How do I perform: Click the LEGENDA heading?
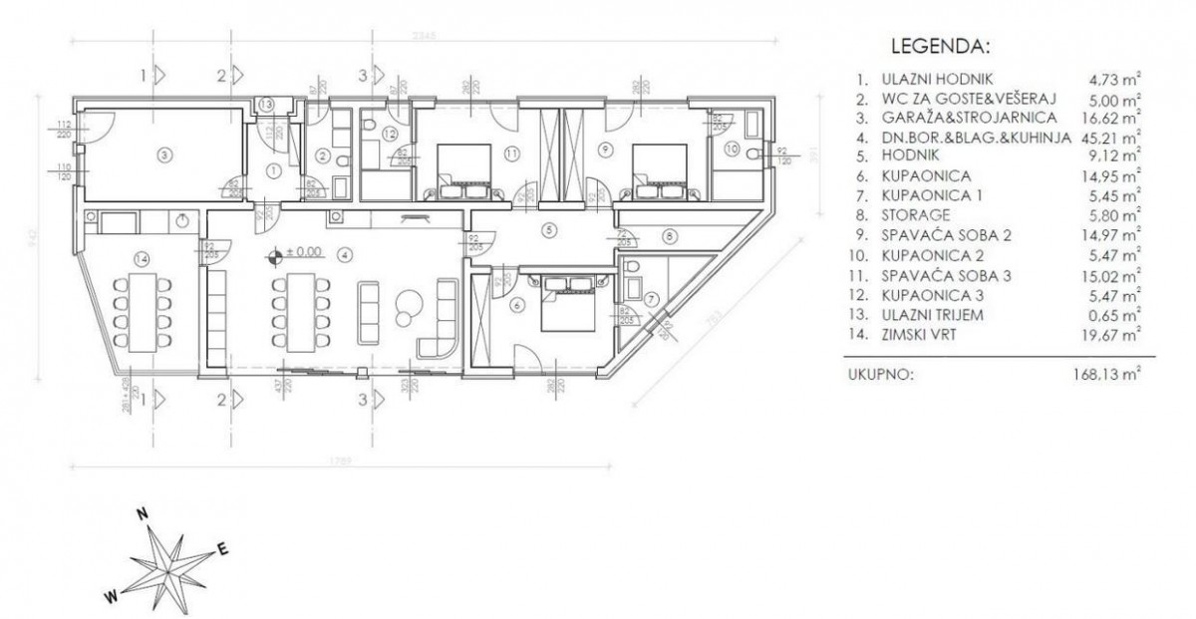939,47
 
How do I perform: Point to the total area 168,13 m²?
1104,376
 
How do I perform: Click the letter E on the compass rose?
223,547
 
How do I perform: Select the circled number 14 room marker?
141,259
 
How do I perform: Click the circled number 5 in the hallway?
547,228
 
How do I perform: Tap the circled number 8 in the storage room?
669,235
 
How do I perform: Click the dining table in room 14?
140,309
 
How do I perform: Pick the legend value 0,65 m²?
1114,316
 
